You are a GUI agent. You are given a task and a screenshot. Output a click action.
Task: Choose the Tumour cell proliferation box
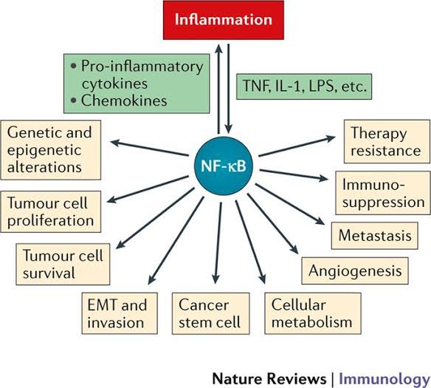pos(51,210)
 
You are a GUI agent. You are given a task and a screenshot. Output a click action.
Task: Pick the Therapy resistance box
pos(386,143)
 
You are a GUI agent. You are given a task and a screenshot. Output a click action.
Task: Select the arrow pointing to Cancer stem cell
pos(219,244)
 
